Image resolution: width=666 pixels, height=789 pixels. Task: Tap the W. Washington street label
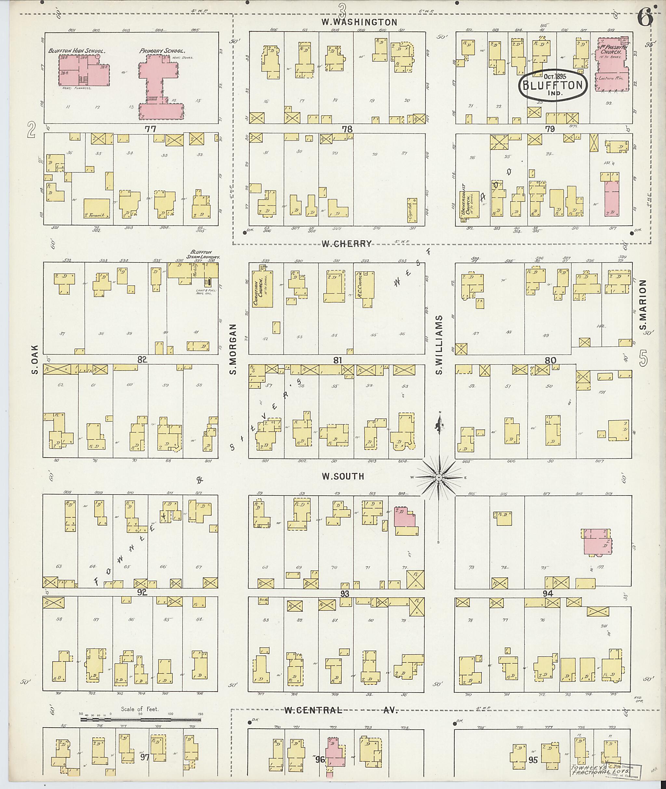pyautogui.click(x=359, y=22)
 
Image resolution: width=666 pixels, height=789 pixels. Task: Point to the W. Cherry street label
pyautogui.click(x=347, y=244)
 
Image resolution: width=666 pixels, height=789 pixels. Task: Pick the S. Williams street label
pyautogui.click(x=439, y=345)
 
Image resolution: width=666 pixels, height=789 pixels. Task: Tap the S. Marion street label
pyautogui.click(x=643, y=305)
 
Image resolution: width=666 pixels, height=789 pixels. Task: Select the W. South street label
pyautogui.click(x=342, y=476)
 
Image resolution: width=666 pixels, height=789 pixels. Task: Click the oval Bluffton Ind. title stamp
pyautogui.click(x=553, y=85)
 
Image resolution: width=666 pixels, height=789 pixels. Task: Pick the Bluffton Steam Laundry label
pyautogui.click(x=204, y=254)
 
